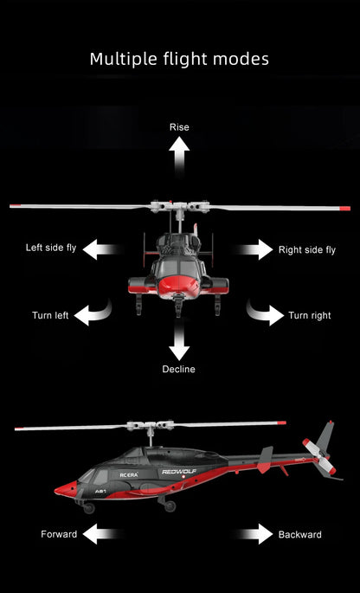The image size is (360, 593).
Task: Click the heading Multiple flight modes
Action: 179,59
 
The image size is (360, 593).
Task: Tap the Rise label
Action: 179,127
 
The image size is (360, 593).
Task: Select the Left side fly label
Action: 51,248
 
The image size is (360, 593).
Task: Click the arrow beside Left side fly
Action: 102,250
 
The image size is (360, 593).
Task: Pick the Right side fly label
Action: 307,250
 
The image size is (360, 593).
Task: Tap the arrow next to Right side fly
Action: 256,250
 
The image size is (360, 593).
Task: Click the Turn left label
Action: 50,316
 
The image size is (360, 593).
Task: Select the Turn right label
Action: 310,316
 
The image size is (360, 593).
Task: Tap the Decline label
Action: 179,370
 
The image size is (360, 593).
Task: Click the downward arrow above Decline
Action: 179,344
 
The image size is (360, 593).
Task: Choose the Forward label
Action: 59,534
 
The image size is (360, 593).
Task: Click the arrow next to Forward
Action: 102,534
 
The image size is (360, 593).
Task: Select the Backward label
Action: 300,534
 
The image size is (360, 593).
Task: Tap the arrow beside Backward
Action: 255,534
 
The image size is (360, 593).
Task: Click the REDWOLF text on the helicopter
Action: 179,472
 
